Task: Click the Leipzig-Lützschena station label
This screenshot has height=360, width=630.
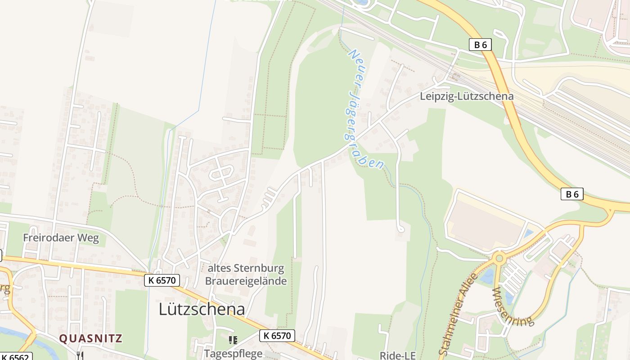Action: point(466,96)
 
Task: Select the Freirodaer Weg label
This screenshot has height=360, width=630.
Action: point(61,238)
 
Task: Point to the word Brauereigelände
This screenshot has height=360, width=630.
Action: point(246,281)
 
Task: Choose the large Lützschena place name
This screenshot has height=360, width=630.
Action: point(202,309)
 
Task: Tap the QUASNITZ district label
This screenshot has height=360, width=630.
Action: point(91,338)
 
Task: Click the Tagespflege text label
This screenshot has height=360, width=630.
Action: point(233,353)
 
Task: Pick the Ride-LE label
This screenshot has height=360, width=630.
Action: point(397,355)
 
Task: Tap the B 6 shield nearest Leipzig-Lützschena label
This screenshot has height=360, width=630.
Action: point(480,45)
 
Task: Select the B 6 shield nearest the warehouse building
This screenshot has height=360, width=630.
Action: point(572,194)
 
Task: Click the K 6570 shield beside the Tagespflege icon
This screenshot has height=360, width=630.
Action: point(277,335)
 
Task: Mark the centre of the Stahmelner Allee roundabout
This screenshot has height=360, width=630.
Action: point(499,258)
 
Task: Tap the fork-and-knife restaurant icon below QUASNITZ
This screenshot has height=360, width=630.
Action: point(80,355)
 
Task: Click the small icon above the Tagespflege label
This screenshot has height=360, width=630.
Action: point(233,340)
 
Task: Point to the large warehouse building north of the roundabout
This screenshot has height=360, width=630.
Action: point(486,223)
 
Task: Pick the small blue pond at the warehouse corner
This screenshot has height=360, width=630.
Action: point(529,234)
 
